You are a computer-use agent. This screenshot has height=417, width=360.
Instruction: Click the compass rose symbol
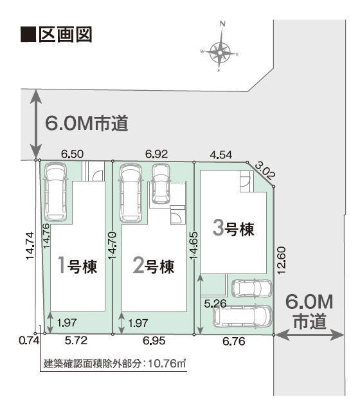(x=221, y=50)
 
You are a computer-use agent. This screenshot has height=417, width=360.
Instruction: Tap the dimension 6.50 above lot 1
(x=72, y=154)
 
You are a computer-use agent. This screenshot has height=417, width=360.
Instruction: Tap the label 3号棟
(x=233, y=228)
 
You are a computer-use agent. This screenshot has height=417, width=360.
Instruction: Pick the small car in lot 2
(x=160, y=183)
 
